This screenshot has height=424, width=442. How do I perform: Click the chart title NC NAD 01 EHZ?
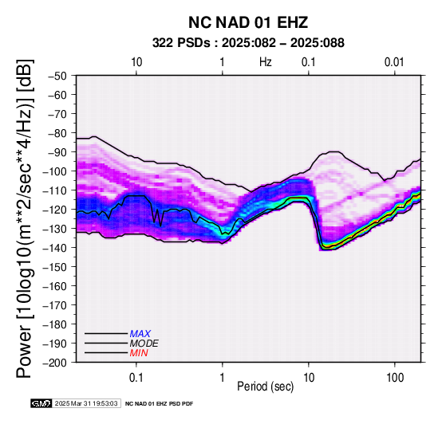click(x=248, y=22)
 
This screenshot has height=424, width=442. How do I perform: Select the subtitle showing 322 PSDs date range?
click(x=248, y=43)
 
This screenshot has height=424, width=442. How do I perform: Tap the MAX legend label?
click(x=140, y=334)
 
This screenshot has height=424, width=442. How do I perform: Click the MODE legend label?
click(x=144, y=344)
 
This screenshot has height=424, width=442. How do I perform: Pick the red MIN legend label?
click(x=139, y=353)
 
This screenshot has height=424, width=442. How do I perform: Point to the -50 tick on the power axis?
click(x=57, y=76)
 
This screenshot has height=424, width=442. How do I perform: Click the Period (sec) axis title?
click(x=265, y=387)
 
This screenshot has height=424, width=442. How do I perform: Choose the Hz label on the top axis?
click(x=266, y=61)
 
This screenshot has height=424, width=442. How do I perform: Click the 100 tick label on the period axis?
click(x=395, y=377)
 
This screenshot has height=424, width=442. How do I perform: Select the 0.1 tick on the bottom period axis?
click(x=136, y=377)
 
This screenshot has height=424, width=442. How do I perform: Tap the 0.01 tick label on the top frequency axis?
click(x=394, y=61)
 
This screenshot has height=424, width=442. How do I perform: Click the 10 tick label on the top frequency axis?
click(x=136, y=61)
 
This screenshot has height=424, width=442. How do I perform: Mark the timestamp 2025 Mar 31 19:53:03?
click(x=86, y=403)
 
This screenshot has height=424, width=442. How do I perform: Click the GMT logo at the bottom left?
click(x=41, y=403)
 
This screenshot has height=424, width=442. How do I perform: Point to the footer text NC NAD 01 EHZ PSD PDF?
click(x=160, y=404)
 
